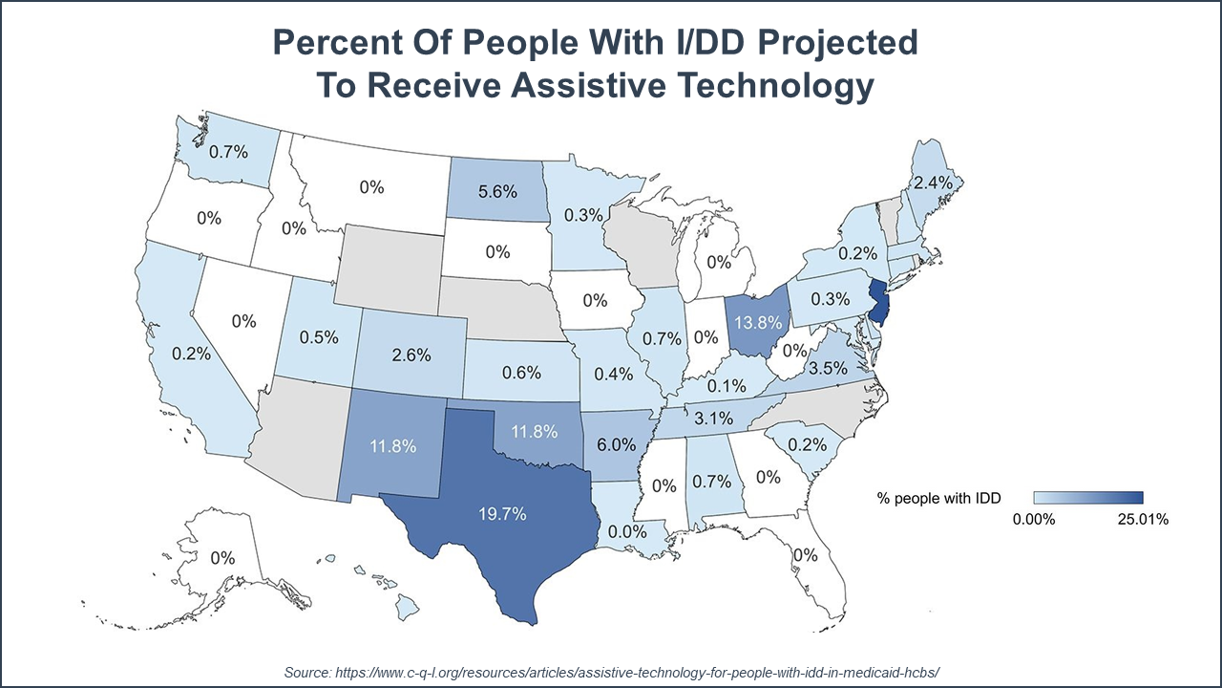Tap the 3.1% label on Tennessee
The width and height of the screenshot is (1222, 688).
pos(712,418)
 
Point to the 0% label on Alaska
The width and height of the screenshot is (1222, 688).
pos(222,557)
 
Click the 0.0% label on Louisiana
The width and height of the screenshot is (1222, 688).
pos(628,530)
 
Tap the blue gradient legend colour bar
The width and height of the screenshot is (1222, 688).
pos(1088,497)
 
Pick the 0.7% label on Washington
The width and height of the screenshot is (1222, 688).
pos(228,150)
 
